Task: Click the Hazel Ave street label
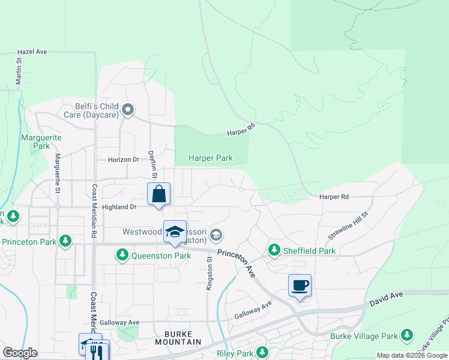tap(32, 52)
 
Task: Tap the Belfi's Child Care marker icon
tap(127, 110)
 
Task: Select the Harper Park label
tap(210, 158)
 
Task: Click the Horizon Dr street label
tap(124, 160)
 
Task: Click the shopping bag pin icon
tap(158, 194)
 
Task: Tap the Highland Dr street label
tap(119, 207)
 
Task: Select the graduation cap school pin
tap(175, 232)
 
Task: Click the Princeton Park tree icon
tap(65, 242)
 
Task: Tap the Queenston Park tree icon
tap(122, 256)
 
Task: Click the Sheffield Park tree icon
tap(274, 249)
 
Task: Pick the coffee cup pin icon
tap(300, 286)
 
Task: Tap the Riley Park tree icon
tap(262, 352)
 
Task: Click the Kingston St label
tap(209, 274)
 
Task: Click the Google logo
tap(20, 353)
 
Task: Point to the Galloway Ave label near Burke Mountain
tap(119, 322)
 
